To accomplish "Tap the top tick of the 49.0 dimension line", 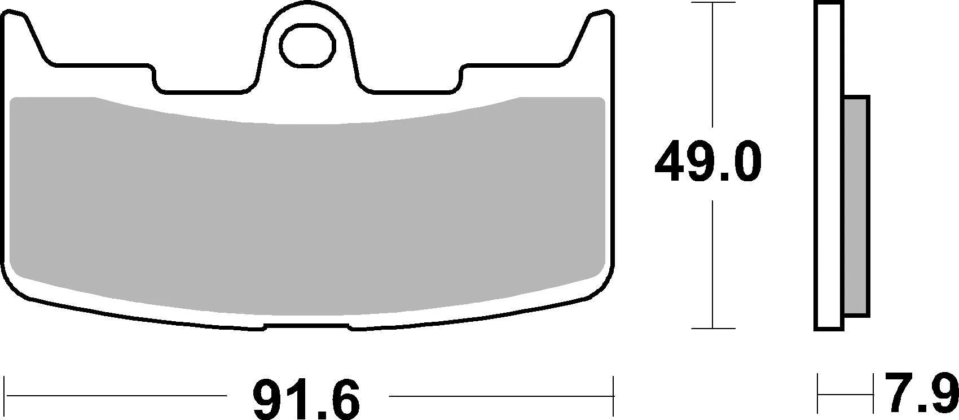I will [714, 3].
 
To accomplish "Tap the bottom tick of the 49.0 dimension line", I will [714, 328].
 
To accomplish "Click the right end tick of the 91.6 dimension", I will [613, 395].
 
